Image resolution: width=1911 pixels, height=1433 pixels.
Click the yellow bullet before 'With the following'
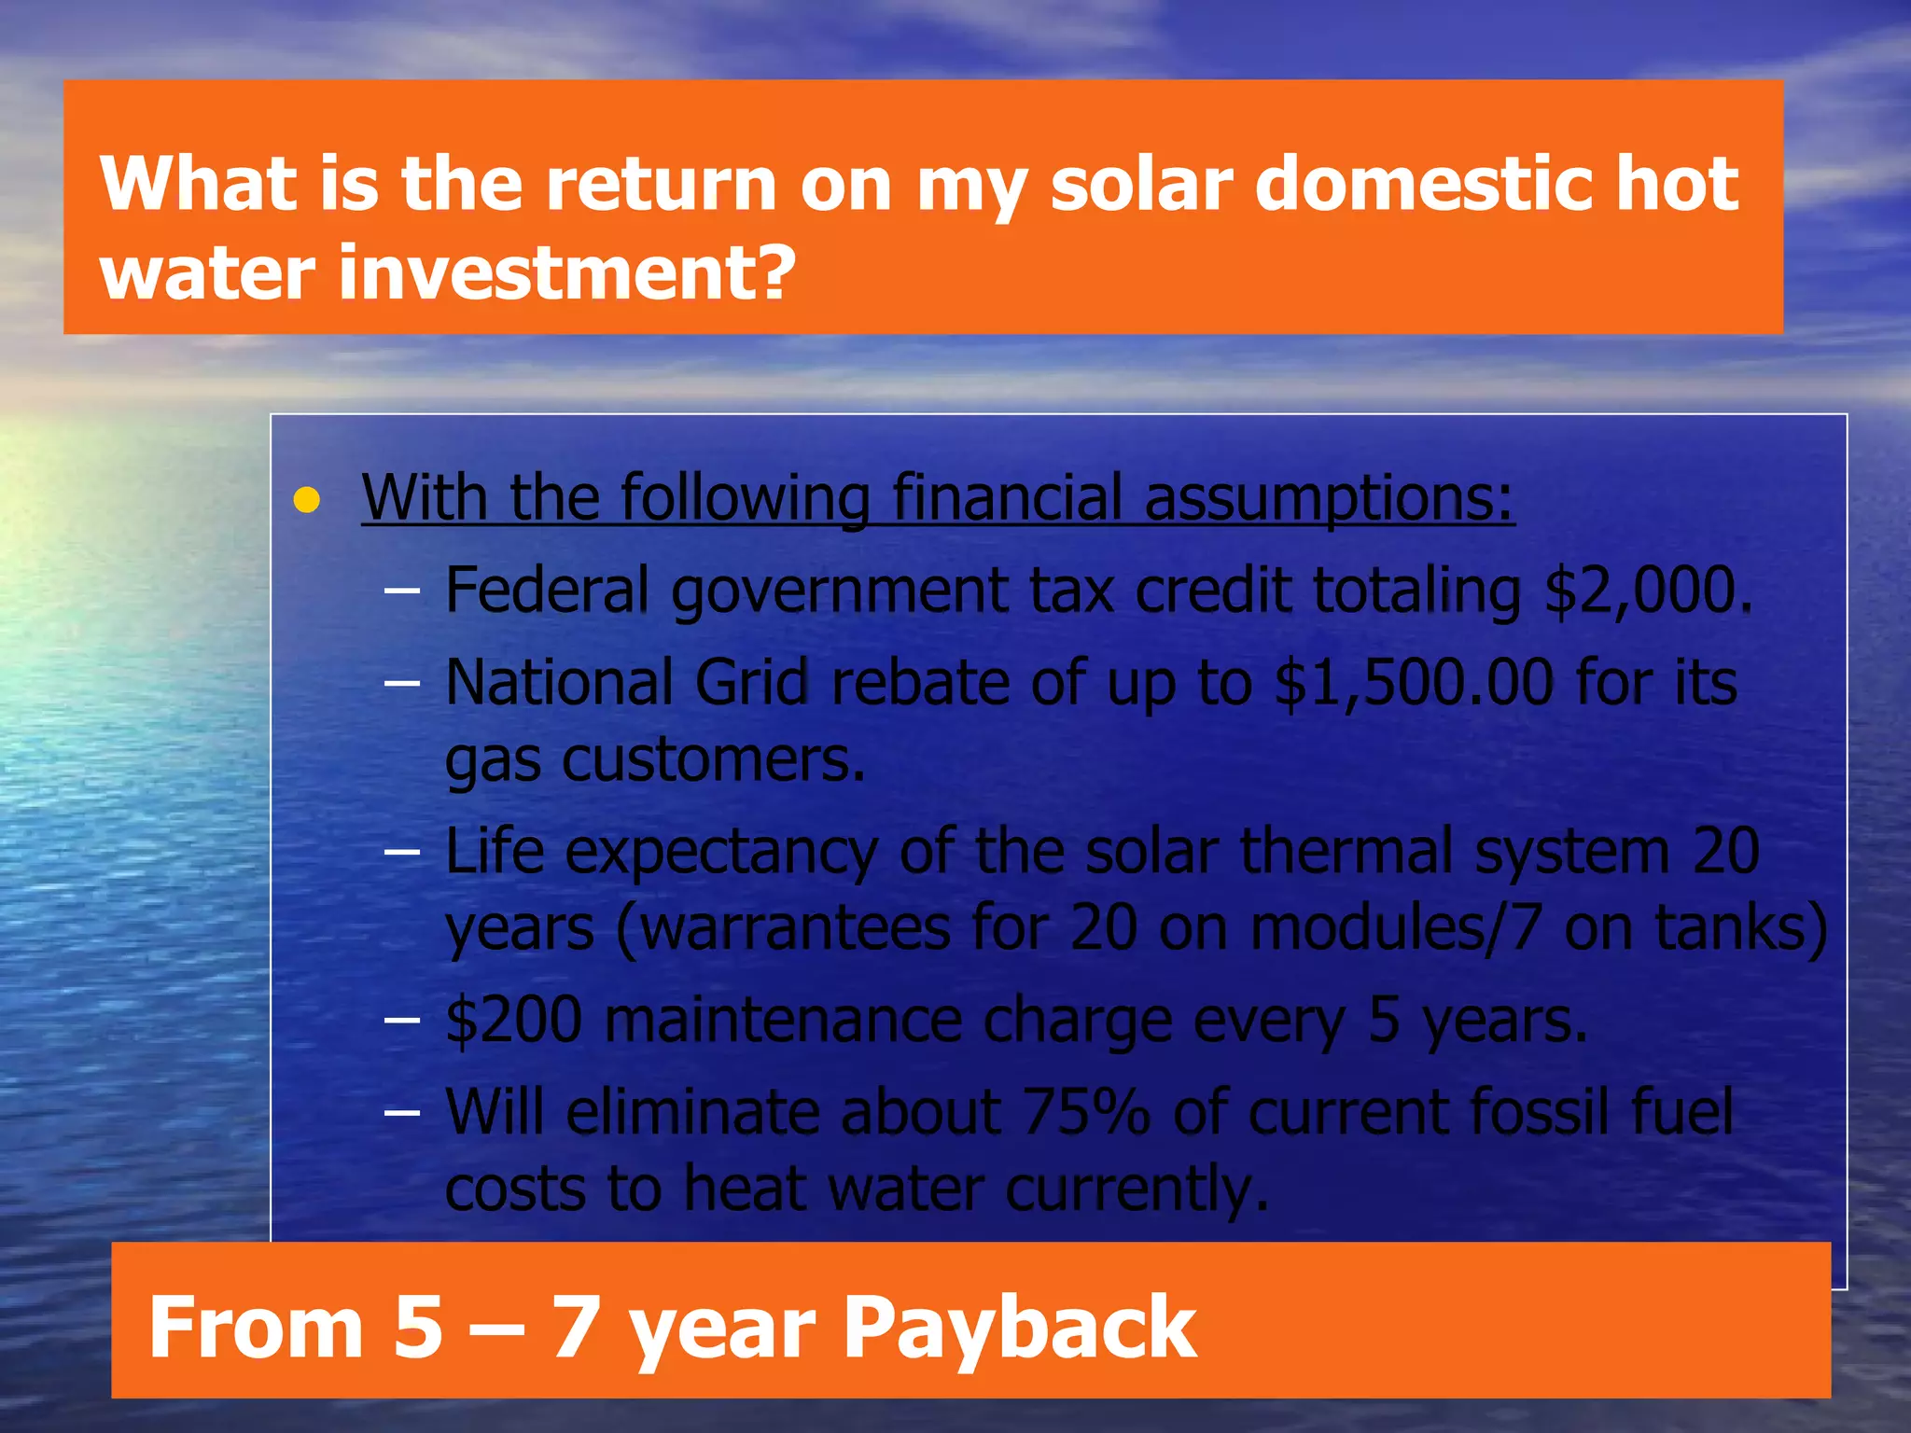point(306,501)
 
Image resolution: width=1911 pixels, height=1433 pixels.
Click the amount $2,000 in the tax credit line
point(1646,591)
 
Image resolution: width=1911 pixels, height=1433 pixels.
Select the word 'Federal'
point(547,591)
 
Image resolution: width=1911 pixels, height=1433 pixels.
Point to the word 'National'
point(559,683)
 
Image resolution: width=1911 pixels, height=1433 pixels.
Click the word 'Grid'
point(751,683)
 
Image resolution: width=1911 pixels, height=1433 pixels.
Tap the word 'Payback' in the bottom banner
point(1019,1327)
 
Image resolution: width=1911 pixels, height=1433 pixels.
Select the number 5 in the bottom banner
point(418,1327)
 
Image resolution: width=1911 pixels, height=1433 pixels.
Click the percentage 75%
point(1086,1112)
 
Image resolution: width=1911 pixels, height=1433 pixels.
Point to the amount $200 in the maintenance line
point(514,1020)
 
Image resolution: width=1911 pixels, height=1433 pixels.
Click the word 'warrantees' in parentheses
point(795,928)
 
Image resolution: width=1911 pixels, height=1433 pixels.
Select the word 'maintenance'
point(783,1020)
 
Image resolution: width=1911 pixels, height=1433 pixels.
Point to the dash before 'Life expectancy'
point(401,853)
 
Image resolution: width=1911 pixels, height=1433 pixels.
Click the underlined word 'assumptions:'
point(1329,499)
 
